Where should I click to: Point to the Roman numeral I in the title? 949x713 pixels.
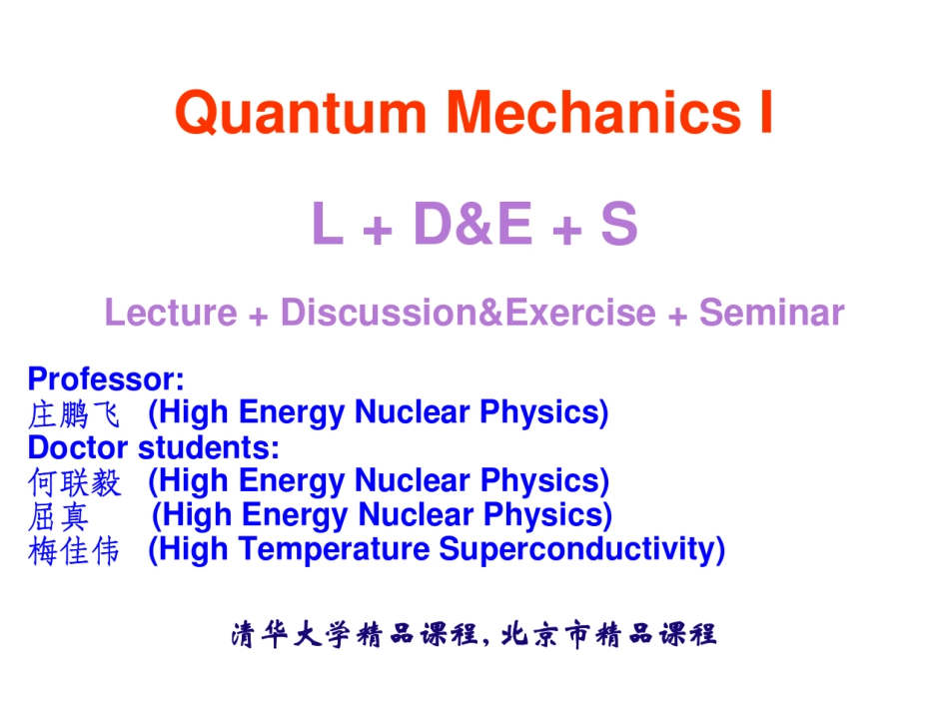click(764, 113)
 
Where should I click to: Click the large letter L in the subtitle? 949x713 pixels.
click(329, 225)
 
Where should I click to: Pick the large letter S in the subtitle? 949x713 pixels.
click(618, 225)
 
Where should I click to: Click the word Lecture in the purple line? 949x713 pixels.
click(171, 313)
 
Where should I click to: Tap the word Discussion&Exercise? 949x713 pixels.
click(468, 313)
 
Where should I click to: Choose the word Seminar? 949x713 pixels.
click(771, 313)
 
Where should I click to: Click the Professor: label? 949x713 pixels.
click(106, 379)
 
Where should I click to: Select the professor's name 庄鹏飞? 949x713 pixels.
click(74, 413)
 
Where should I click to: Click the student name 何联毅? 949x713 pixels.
click(74, 482)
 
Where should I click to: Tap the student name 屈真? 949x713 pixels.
click(59, 516)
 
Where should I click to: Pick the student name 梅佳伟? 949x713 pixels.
click(74, 550)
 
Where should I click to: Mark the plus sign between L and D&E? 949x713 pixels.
click(379, 232)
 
